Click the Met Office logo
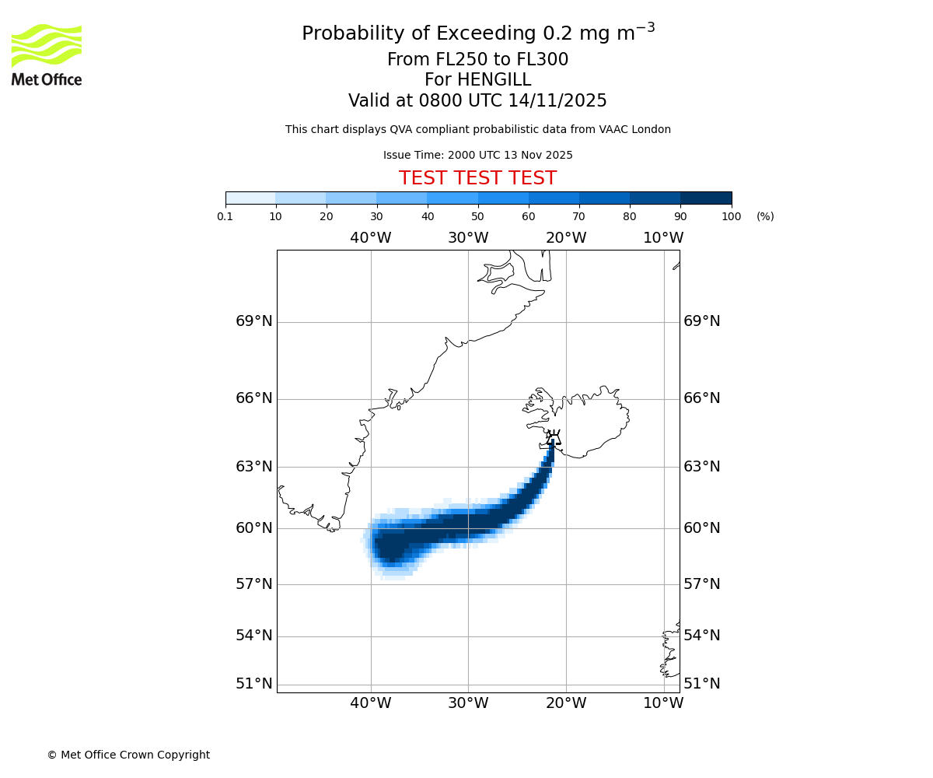[x=47, y=54]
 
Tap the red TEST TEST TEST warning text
[x=477, y=178]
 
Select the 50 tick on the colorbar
[x=478, y=216]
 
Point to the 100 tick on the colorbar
[x=731, y=216]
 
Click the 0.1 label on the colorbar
[x=225, y=216]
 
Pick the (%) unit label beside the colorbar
[x=765, y=216]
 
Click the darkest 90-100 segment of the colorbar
[x=706, y=198]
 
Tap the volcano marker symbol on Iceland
[x=553, y=437]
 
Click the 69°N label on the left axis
[x=254, y=321]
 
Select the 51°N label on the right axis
[x=701, y=684]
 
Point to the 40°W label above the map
[x=370, y=237]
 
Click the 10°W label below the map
[x=663, y=703]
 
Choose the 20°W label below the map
[x=565, y=703]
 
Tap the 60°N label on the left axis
[x=254, y=528]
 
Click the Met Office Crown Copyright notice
[x=128, y=755]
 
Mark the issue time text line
[x=477, y=155]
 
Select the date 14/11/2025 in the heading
[x=557, y=101]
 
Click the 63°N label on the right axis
[x=701, y=467]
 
